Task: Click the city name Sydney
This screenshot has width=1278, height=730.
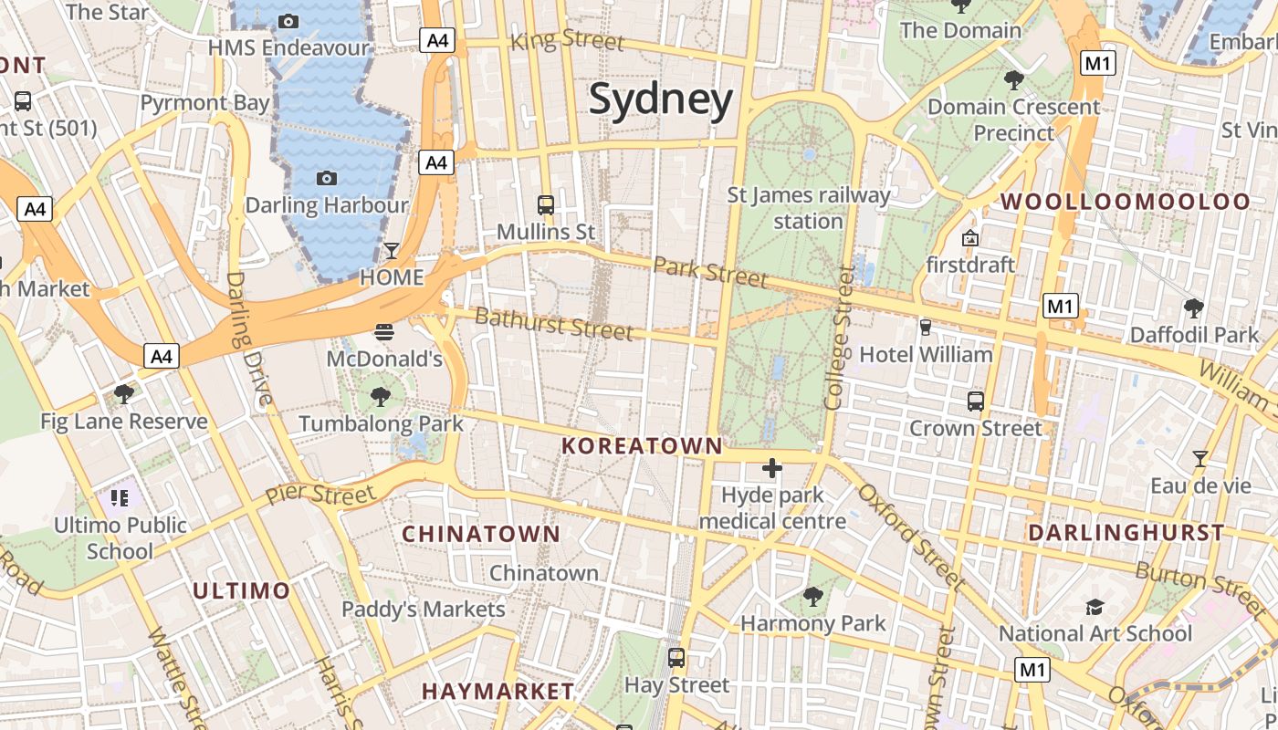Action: pyautogui.click(x=661, y=99)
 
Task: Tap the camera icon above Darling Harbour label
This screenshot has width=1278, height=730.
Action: pyautogui.click(x=326, y=178)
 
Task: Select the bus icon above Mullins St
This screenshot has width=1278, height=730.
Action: pyautogui.click(x=546, y=205)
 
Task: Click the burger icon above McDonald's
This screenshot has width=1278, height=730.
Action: pyautogui.click(x=384, y=331)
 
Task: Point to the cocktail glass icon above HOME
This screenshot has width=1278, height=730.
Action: pyautogui.click(x=392, y=250)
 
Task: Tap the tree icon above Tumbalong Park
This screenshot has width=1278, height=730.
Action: pyautogui.click(x=381, y=397)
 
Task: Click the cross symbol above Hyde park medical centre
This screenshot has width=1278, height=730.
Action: pyautogui.click(x=772, y=469)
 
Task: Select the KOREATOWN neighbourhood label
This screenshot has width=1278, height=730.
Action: pyautogui.click(x=642, y=446)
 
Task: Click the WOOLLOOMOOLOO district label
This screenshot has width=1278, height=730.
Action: pyautogui.click(x=1126, y=202)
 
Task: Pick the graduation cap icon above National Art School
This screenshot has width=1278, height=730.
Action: pyautogui.click(x=1095, y=607)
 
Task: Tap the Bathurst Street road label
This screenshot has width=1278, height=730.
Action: pyautogui.click(x=554, y=323)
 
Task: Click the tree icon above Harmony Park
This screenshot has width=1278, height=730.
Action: pyautogui.click(x=812, y=597)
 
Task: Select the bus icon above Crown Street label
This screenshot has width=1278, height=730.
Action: pyautogui.click(x=976, y=401)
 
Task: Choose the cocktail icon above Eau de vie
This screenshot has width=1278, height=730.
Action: pyautogui.click(x=1200, y=459)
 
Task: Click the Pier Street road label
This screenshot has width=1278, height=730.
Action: pyautogui.click(x=320, y=494)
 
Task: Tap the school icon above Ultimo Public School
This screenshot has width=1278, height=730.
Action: pyautogui.click(x=120, y=498)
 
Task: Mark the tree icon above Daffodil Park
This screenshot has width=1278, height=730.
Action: pyautogui.click(x=1193, y=308)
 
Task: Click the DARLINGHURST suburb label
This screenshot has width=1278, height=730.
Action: pyautogui.click(x=1126, y=532)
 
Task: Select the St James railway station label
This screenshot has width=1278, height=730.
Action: pyautogui.click(x=808, y=208)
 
